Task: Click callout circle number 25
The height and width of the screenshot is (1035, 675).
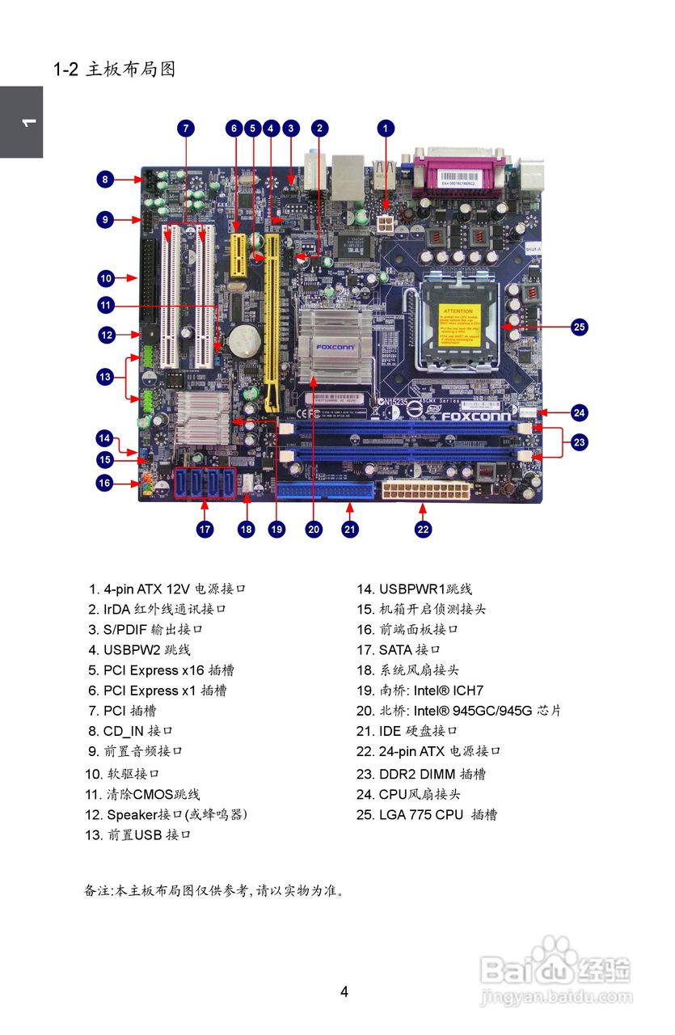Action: pos(579,327)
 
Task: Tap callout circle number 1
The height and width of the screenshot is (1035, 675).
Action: pos(386,128)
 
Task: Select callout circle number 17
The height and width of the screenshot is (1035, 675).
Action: pos(205,530)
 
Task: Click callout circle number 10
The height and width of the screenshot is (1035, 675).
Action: pos(106,278)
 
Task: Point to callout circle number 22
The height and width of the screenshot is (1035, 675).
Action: pos(423,530)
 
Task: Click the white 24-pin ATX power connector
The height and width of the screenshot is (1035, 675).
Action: pos(425,491)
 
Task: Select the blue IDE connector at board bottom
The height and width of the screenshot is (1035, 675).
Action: pos(325,491)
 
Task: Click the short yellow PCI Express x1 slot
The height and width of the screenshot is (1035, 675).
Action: pos(238,258)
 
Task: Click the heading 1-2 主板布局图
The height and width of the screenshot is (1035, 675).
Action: pos(115,70)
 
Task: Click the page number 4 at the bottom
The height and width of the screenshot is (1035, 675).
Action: pos(344,991)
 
